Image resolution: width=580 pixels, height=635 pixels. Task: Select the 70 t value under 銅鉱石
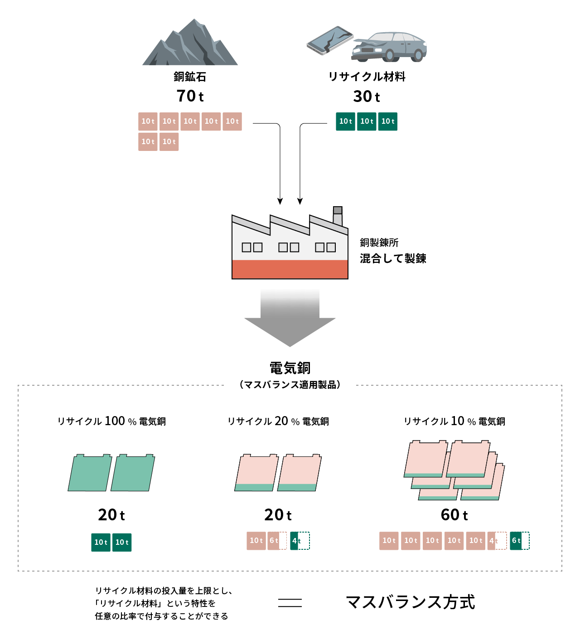pyautogui.click(x=190, y=96)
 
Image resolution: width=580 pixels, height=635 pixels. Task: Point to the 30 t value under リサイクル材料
pyautogui.click(x=366, y=97)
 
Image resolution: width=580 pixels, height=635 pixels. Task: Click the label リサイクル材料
pyautogui.click(x=367, y=77)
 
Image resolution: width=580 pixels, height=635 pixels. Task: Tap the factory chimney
pyautogui.click(x=338, y=216)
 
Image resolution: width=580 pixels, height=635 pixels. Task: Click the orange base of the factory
pyautogui.click(x=290, y=269)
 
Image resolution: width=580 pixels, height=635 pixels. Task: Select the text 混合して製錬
pyautogui.click(x=393, y=258)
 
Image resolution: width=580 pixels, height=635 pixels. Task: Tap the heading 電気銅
pyautogui.click(x=290, y=368)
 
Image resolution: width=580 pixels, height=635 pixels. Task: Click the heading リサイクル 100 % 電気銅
pyautogui.click(x=111, y=421)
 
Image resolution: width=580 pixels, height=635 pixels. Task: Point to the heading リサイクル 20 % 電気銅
pyautogui.click(x=278, y=421)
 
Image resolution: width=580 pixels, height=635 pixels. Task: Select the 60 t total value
pyautogui.click(x=454, y=515)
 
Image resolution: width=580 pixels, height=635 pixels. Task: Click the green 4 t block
pyautogui.click(x=300, y=541)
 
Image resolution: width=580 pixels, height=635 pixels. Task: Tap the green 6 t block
pyautogui.click(x=519, y=541)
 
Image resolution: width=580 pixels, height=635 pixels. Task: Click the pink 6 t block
pyautogui.click(x=277, y=541)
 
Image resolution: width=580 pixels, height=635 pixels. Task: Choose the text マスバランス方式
pyautogui.click(x=410, y=602)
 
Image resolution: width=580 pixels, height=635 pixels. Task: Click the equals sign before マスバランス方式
pyautogui.click(x=290, y=602)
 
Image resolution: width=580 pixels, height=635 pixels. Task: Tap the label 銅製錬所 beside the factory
pyautogui.click(x=379, y=242)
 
